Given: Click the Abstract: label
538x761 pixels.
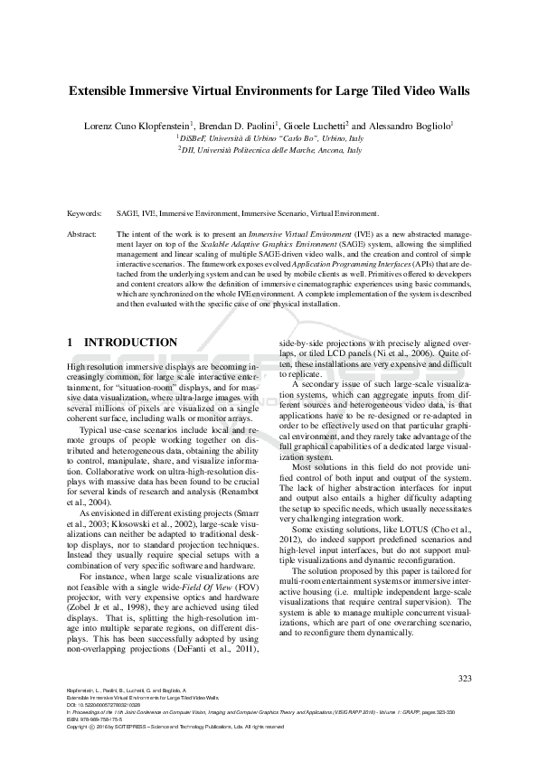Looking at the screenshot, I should [x=82, y=233].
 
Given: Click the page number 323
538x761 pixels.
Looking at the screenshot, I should [x=465, y=679].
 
